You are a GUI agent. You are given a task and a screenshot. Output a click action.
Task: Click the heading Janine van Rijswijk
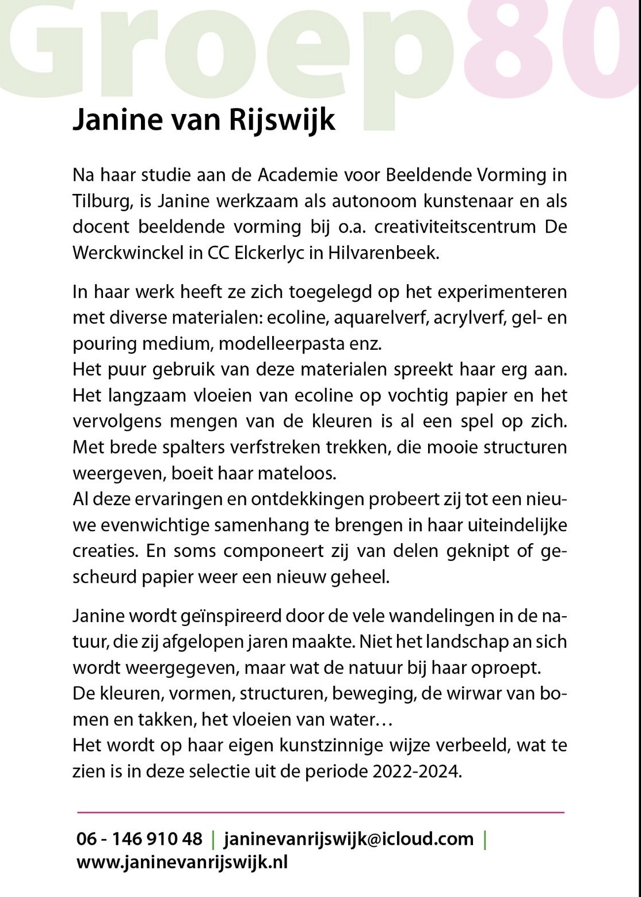click(203, 121)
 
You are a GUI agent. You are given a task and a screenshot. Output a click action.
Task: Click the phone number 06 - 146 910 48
click(139, 839)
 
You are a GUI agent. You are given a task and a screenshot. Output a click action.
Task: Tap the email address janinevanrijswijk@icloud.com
click(348, 839)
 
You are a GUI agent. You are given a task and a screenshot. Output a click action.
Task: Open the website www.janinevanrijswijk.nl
click(182, 862)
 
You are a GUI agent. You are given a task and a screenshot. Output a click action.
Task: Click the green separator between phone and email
click(213, 839)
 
